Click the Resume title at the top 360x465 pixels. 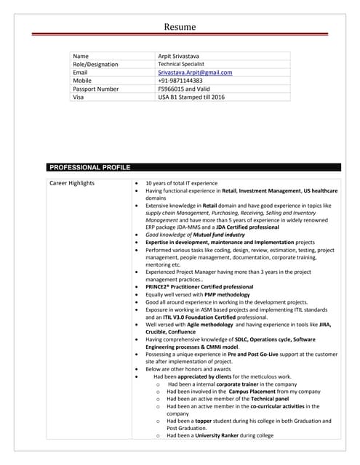click(x=180, y=27)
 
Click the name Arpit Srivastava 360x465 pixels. click(x=184, y=56)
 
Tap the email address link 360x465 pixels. click(x=195, y=73)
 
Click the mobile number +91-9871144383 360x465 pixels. click(x=180, y=81)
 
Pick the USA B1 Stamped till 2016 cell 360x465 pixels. click(x=191, y=97)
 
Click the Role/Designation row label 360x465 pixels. click(x=95, y=64)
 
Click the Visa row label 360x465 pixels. click(x=79, y=97)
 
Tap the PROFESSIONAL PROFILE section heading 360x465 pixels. click(x=89, y=166)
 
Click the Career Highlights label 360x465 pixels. click(x=71, y=183)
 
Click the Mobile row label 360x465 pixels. click(x=82, y=81)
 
